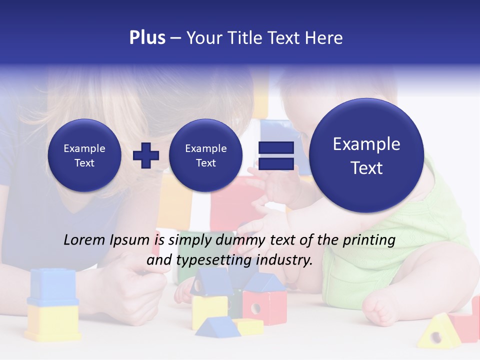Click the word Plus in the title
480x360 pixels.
click(x=147, y=38)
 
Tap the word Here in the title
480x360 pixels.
click(x=325, y=38)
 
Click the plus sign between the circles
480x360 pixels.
click(x=146, y=155)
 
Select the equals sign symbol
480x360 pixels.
click(x=275, y=155)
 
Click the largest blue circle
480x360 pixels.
click(x=366, y=155)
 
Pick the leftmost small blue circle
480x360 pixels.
click(x=84, y=155)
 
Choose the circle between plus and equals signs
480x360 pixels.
click(x=205, y=155)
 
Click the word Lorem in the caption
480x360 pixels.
click(x=85, y=240)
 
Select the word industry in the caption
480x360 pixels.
click(x=284, y=260)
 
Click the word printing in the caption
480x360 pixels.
click(x=369, y=240)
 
